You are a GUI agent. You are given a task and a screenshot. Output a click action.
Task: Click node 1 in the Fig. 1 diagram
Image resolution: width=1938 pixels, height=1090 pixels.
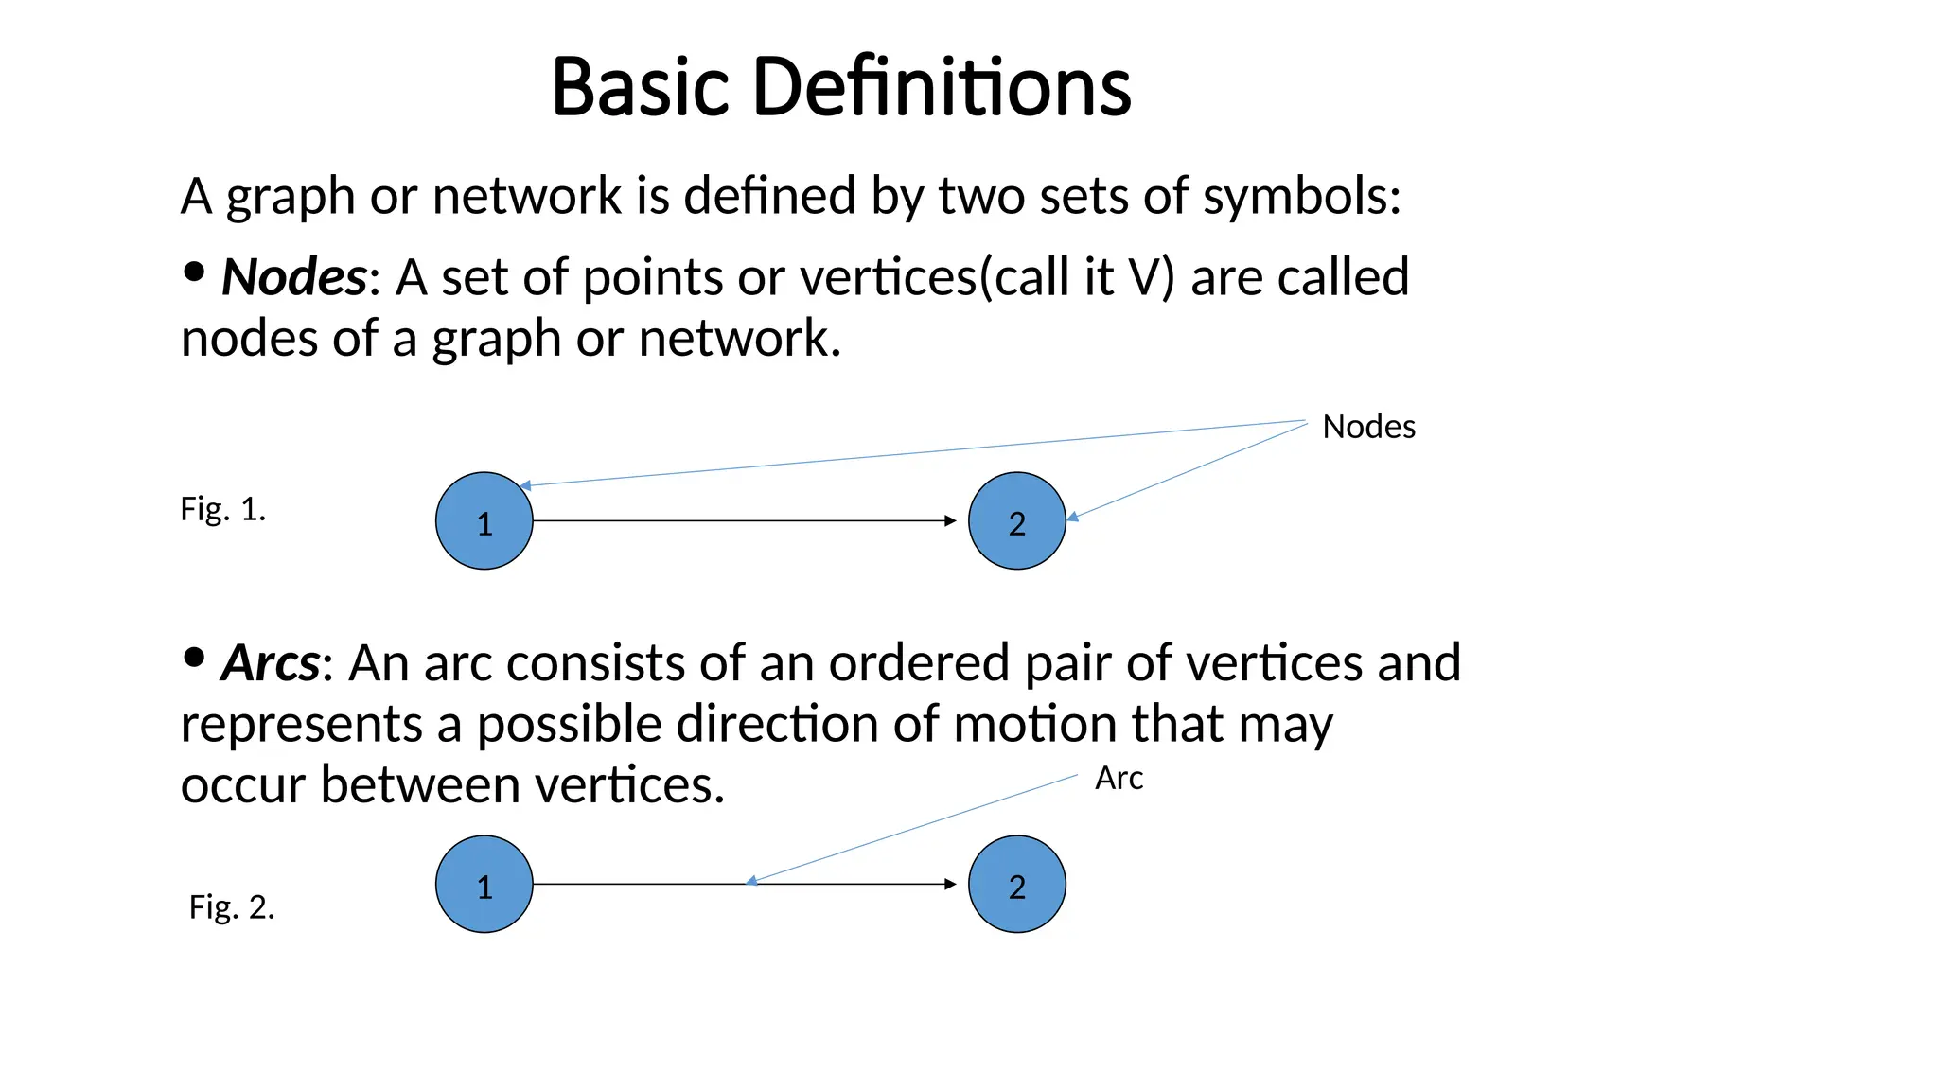pyautogui.click(x=484, y=520)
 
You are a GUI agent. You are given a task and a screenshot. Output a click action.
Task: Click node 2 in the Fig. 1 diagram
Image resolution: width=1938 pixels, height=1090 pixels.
pyautogui.click(x=1016, y=520)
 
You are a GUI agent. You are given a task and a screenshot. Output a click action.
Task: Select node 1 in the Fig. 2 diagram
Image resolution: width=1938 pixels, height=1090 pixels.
pyautogui.click(x=484, y=884)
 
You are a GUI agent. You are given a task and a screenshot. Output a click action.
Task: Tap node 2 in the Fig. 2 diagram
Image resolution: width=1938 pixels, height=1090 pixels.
pyautogui.click(x=1016, y=884)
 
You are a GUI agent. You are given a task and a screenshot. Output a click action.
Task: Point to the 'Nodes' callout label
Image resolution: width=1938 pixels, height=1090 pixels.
pyautogui.click(x=1368, y=427)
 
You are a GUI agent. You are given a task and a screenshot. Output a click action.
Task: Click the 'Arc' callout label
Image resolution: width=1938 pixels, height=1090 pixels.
pyautogui.click(x=1119, y=778)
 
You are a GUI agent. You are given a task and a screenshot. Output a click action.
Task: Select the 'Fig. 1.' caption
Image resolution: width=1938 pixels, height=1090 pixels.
pyautogui.click(x=223, y=509)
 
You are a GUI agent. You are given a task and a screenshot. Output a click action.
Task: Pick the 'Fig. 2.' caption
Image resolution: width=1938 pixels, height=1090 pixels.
pyautogui.click(x=232, y=907)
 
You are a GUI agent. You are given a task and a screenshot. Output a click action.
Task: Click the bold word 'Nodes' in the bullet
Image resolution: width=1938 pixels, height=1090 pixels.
pyautogui.click(x=293, y=277)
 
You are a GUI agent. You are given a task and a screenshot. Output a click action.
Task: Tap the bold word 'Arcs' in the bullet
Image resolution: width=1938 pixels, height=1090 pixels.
pyautogui.click(x=271, y=662)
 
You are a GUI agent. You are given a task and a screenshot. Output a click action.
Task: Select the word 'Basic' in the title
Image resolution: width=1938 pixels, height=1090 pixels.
pyautogui.click(x=641, y=87)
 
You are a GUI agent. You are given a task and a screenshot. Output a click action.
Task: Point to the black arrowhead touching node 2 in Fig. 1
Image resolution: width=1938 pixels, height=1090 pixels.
pyautogui.click(x=951, y=520)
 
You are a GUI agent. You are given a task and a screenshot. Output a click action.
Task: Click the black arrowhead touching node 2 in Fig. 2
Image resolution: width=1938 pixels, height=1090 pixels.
pyautogui.click(x=951, y=884)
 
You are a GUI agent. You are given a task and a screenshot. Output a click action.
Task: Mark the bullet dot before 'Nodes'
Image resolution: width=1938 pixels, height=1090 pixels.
pyautogui.click(x=194, y=272)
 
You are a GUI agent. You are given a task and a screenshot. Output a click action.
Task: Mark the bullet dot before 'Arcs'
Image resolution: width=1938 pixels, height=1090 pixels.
pyautogui.click(x=194, y=657)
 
